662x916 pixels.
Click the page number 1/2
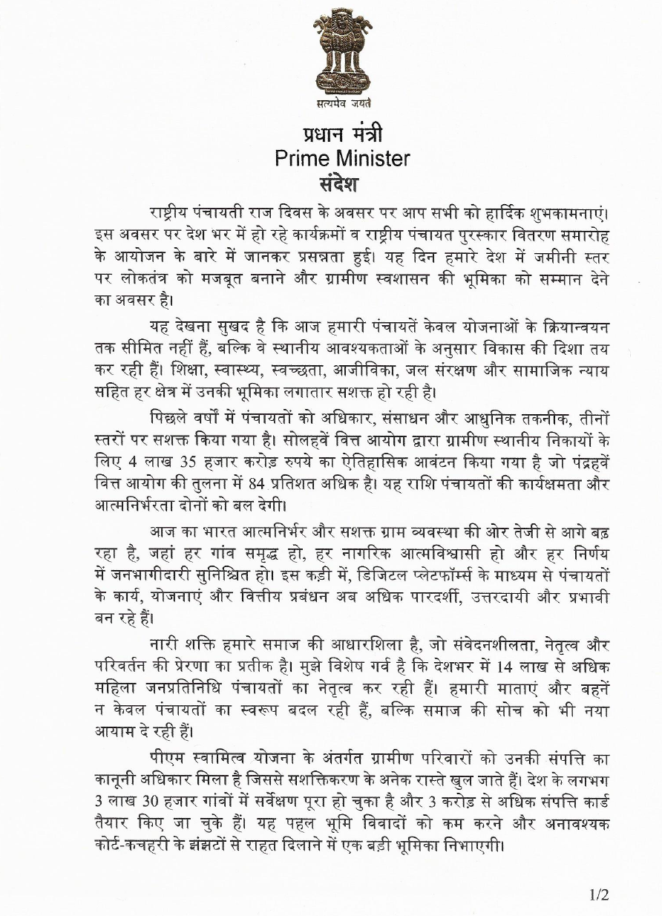click(599, 895)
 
